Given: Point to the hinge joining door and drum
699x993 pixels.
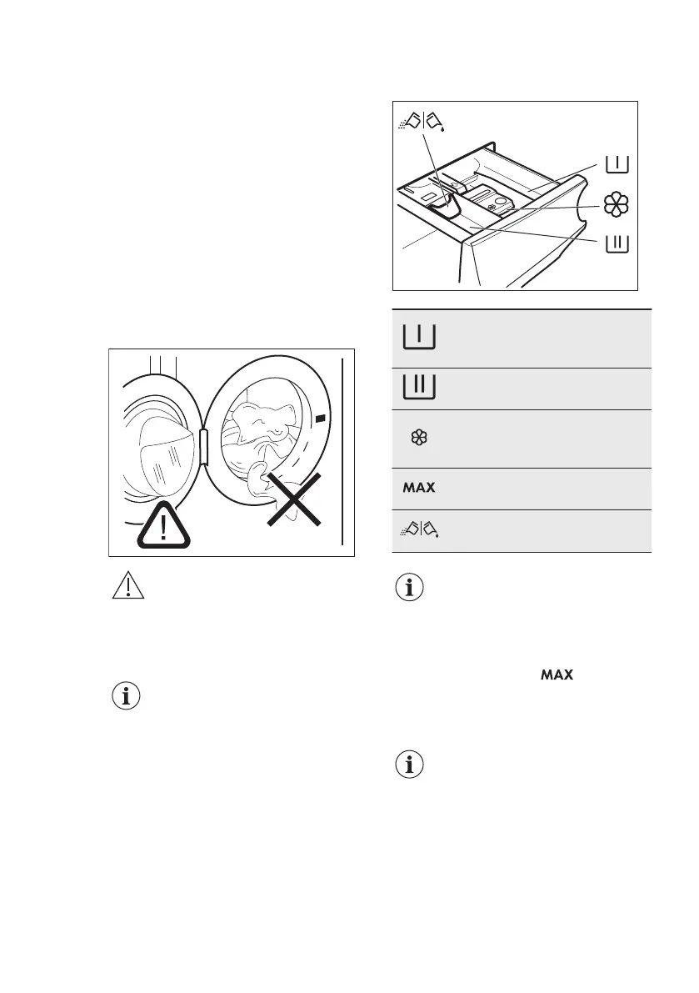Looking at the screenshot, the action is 202,446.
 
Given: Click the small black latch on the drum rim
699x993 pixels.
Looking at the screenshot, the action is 322,415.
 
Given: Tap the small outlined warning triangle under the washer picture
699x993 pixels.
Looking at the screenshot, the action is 127,587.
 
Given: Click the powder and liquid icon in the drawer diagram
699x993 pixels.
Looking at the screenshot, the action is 422,121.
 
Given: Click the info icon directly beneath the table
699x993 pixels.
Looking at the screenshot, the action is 408,589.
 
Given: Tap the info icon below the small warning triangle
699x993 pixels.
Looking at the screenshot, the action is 127,698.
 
